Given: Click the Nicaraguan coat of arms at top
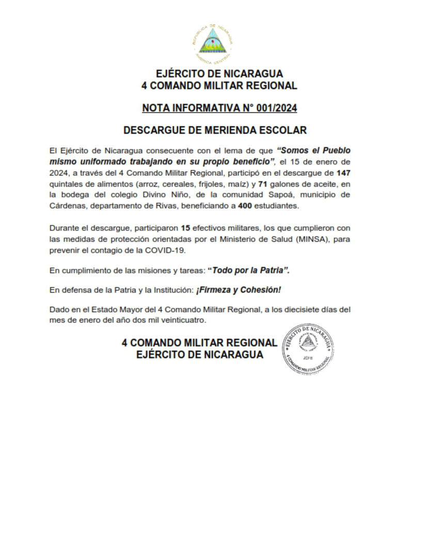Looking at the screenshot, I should (x=213, y=42).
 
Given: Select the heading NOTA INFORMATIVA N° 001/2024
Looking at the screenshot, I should (x=219, y=108).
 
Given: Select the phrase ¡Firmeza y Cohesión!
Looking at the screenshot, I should (x=238, y=290).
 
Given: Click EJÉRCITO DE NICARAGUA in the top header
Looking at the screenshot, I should (x=219, y=74).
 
